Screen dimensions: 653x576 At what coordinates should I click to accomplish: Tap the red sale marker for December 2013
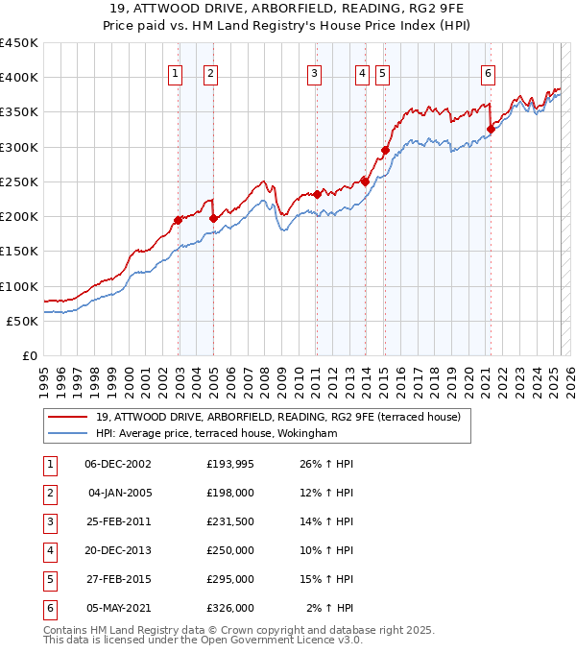(x=365, y=181)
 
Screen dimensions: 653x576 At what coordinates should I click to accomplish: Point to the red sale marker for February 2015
(x=385, y=150)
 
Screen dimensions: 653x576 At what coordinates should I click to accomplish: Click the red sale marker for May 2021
(x=491, y=129)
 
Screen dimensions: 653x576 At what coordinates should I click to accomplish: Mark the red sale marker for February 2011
(x=317, y=194)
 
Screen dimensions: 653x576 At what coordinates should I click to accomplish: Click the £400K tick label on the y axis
(x=19, y=78)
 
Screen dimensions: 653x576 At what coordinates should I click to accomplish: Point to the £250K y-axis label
(x=19, y=181)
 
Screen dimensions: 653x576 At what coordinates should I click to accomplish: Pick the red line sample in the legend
(x=67, y=417)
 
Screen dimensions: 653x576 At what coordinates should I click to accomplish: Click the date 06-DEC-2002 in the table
(x=118, y=464)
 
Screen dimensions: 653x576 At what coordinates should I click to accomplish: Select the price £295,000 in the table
(x=230, y=579)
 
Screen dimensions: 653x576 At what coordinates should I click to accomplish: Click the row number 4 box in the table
(x=48, y=550)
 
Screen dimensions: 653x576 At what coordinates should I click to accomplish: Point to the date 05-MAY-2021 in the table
(x=118, y=608)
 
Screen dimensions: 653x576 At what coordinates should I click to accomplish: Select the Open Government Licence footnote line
(x=204, y=640)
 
